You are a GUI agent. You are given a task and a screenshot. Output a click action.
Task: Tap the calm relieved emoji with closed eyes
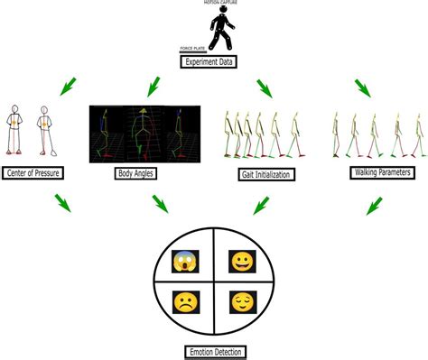tap(243, 300)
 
